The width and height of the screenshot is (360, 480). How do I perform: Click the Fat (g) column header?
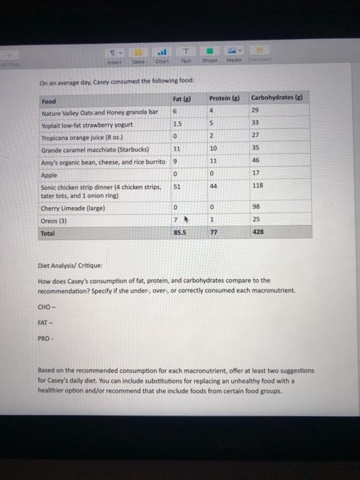pos(182,99)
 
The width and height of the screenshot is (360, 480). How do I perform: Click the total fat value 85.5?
pos(180,233)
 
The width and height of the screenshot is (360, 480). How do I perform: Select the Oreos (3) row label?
pos(53,220)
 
